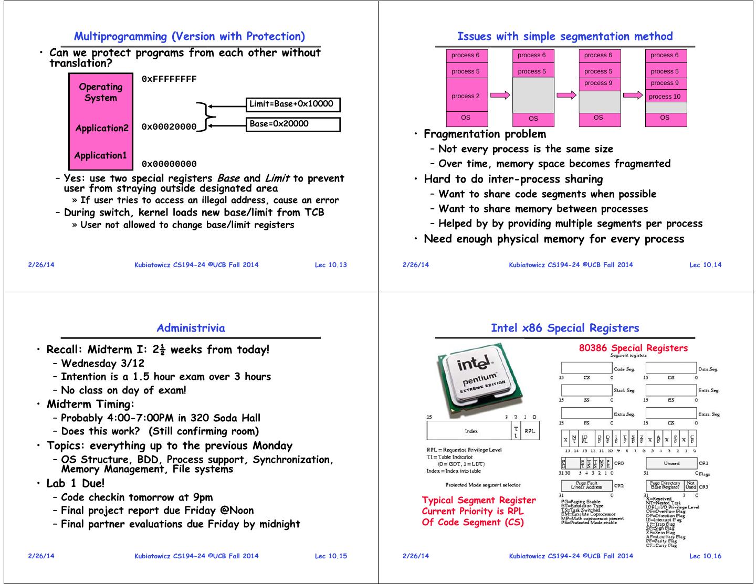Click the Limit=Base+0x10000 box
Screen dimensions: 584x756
pos(293,104)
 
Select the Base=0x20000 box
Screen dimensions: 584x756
pos(293,124)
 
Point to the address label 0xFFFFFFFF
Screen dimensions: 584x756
pos(169,79)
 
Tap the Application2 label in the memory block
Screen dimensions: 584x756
pos(101,128)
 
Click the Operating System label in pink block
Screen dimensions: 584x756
pos(101,92)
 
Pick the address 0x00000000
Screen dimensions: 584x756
pos(169,164)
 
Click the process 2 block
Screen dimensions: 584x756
pos(466,96)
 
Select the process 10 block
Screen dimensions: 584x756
pos(665,97)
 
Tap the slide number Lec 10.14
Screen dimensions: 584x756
pos(705,265)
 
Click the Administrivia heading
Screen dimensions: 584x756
pos(191,328)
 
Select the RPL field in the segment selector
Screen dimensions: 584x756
pos(530,431)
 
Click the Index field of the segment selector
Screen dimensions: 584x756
pos(471,431)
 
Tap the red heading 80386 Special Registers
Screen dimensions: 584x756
pos(633,348)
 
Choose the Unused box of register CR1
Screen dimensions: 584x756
pos(671,463)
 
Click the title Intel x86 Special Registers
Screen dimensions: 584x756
pos(565,328)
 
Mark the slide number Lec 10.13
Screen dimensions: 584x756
pos(331,265)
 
